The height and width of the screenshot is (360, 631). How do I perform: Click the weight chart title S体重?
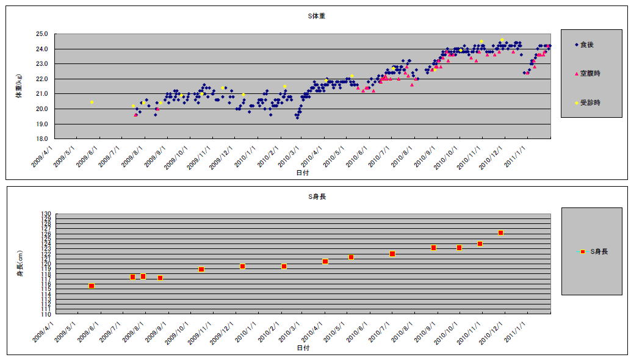coord(316,16)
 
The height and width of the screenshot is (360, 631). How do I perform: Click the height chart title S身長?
coord(316,196)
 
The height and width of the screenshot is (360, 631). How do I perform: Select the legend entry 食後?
coord(586,45)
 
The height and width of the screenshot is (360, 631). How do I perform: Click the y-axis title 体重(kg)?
coord(18,86)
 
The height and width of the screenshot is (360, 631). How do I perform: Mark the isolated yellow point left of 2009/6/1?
coord(92,102)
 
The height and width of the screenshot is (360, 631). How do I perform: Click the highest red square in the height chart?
coord(500,232)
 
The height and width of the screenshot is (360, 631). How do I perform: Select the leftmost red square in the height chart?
coord(92,286)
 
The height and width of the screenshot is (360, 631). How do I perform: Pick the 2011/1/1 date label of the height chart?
coord(519,329)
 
